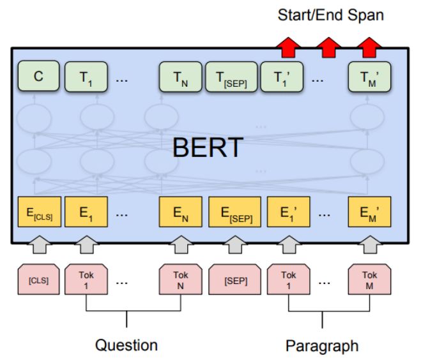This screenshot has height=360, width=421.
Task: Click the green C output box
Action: [38, 78]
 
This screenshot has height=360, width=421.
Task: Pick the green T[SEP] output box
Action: [231, 78]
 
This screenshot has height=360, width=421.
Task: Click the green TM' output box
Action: [367, 78]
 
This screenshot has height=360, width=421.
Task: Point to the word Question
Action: [126, 345]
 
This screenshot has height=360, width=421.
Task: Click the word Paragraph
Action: [321, 345]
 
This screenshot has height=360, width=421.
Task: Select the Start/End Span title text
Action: [330, 15]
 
